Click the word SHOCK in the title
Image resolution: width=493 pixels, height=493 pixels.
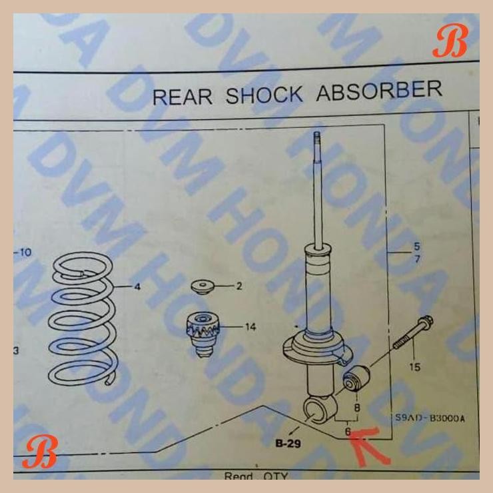click(264, 94)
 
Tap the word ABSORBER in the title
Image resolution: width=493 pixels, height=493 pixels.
click(378, 90)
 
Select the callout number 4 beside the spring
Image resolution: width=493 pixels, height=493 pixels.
click(137, 287)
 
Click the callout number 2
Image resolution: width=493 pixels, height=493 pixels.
click(239, 286)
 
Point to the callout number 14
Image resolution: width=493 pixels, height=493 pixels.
click(250, 326)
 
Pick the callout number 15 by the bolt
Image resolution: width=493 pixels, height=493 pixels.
click(414, 367)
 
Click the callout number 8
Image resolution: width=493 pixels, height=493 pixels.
click(357, 406)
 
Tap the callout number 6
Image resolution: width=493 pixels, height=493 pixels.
click(347, 431)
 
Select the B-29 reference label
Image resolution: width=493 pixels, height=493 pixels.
click(288, 442)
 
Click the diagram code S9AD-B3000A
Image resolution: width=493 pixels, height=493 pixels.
click(429, 418)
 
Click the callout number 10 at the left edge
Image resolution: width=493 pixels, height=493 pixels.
click(23, 252)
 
